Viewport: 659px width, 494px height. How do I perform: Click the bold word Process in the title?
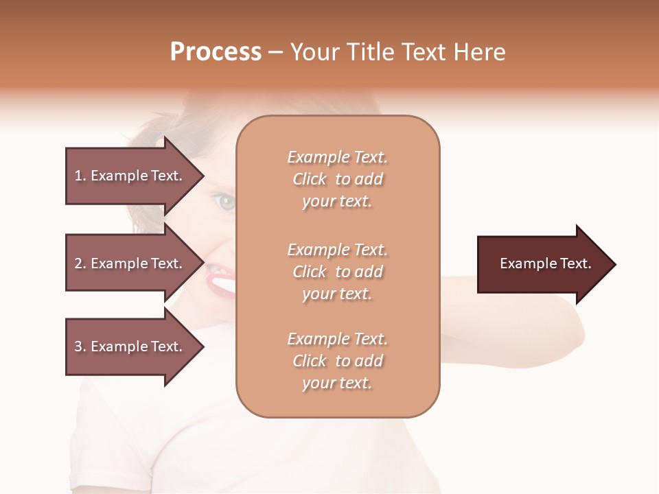pyautogui.click(x=216, y=52)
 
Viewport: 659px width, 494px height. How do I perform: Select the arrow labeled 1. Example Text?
pyautogui.click(x=130, y=176)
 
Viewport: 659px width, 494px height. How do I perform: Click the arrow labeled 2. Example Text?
pyautogui.click(x=130, y=263)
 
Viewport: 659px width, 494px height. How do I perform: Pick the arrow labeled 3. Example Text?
pyautogui.click(x=130, y=346)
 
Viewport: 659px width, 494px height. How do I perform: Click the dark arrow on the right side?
pyautogui.click(x=542, y=263)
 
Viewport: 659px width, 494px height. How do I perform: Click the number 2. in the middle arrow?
pyautogui.click(x=80, y=263)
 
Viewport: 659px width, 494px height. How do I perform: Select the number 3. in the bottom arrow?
pyautogui.click(x=80, y=346)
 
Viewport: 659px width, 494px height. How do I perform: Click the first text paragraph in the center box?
pyautogui.click(x=337, y=179)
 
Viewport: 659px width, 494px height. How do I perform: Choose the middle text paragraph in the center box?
pyautogui.click(x=337, y=271)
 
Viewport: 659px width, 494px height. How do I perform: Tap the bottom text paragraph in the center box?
pyautogui.click(x=337, y=361)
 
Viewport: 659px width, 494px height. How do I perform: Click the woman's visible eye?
pyautogui.click(x=224, y=202)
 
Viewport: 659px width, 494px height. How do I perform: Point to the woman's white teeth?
pyautogui.click(x=222, y=282)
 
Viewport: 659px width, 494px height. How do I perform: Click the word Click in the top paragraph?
pyautogui.click(x=310, y=179)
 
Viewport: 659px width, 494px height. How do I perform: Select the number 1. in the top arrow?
pyautogui.click(x=80, y=176)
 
